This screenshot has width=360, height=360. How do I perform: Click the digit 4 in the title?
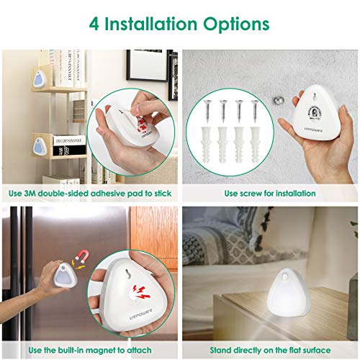coord(95,24)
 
